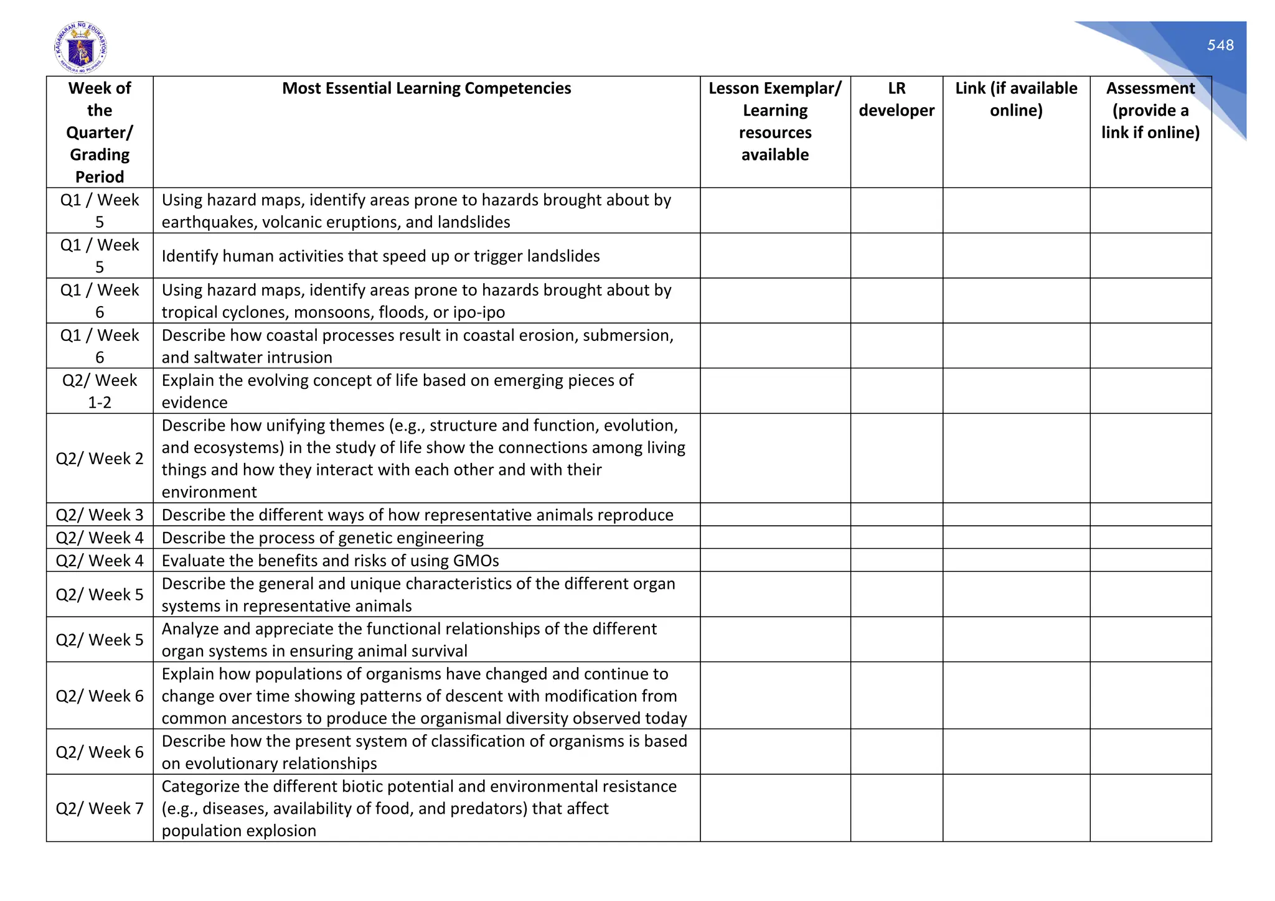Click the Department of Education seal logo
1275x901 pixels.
click(80, 48)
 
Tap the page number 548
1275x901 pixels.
click(1220, 45)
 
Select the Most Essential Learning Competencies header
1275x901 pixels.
click(426, 88)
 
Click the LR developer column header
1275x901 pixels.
click(896, 100)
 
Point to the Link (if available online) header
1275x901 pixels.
click(1015, 100)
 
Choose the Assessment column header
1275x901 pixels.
click(1150, 110)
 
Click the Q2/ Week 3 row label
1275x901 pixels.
click(100, 515)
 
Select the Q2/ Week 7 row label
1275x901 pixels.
click(100, 808)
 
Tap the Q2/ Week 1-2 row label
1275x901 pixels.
click(100, 391)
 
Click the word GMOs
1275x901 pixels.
click(476, 561)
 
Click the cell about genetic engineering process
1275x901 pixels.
click(322, 538)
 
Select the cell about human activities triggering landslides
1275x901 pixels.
click(380, 256)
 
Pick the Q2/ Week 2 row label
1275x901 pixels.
click(100, 459)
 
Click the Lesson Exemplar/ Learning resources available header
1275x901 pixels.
click(774, 121)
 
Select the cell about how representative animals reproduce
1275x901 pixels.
click(417, 515)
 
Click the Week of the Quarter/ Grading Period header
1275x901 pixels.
click(100, 133)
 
